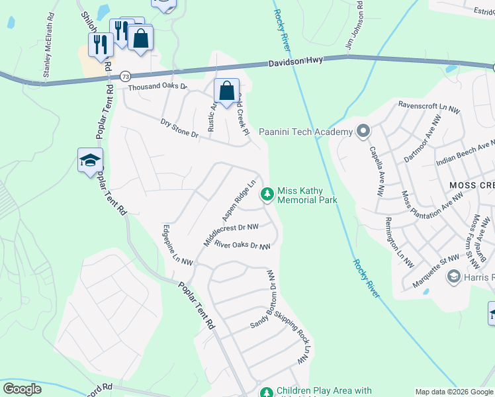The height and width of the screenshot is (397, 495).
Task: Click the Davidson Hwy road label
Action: click(296, 60)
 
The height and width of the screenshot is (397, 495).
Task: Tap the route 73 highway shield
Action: click(125, 76)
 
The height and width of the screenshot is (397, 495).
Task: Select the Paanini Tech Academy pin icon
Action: click(363, 132)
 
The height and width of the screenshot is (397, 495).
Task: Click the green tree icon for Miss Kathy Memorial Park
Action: click(267, 194)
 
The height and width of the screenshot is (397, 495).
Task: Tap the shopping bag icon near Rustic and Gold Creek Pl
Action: click(226, 91)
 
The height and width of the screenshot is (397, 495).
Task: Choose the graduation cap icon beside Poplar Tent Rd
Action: click(91, 160)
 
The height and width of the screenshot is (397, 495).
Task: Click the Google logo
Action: click(22, 389)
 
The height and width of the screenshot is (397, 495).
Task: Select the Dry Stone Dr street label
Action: click(179, 128)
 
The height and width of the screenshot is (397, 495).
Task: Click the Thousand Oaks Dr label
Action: click(157, 87)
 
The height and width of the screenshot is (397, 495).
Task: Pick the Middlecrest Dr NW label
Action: click(231, 232)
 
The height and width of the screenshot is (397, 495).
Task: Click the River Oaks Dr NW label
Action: click(242, 245)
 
